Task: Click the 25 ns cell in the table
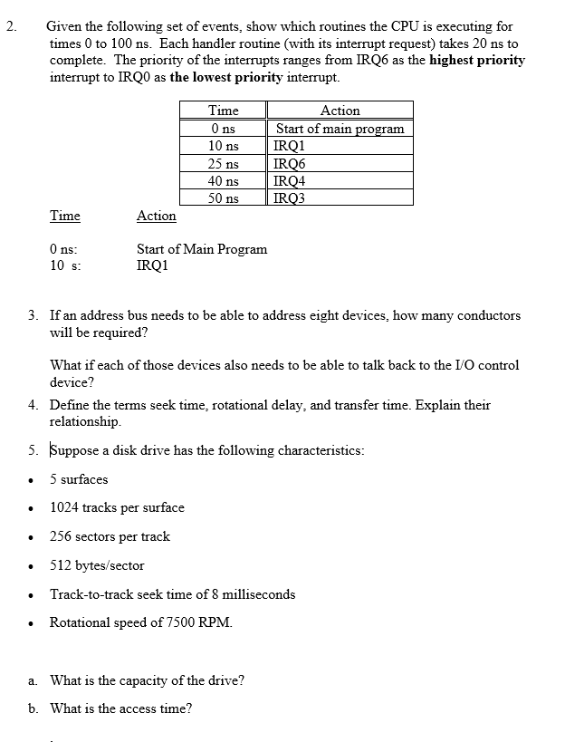[223, 164]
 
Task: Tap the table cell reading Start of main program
[340, 129]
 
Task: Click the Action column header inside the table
[340, 111]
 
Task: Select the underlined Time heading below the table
[64, 216]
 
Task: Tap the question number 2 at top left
[10, 26]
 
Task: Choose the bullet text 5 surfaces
[79, 479]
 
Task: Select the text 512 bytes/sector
[97, 565]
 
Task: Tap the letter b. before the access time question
[33, 708]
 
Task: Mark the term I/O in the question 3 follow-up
[452, 365]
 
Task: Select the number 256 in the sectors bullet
[61, 536]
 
